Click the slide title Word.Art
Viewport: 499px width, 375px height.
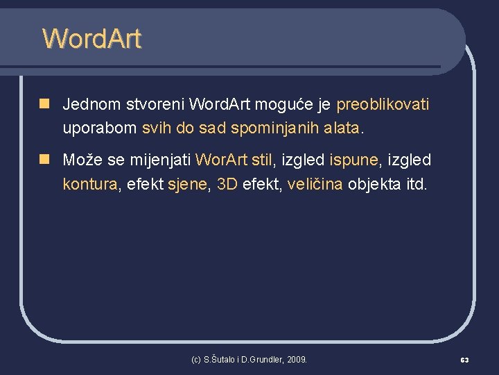(91, 39)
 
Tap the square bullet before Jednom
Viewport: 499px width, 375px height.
(44, 104)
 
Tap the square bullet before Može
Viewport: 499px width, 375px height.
(44, 160)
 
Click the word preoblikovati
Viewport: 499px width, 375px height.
(383, 105)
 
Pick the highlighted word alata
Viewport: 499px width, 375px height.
(342, 128)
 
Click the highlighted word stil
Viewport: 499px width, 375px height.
(262, 160)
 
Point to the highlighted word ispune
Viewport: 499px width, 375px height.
(353, 160)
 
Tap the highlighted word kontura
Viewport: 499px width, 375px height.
(90, 184)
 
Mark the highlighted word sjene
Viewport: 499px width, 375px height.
(188, 184)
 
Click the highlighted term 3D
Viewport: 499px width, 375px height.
(227, 184)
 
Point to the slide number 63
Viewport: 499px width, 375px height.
(464, 360)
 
